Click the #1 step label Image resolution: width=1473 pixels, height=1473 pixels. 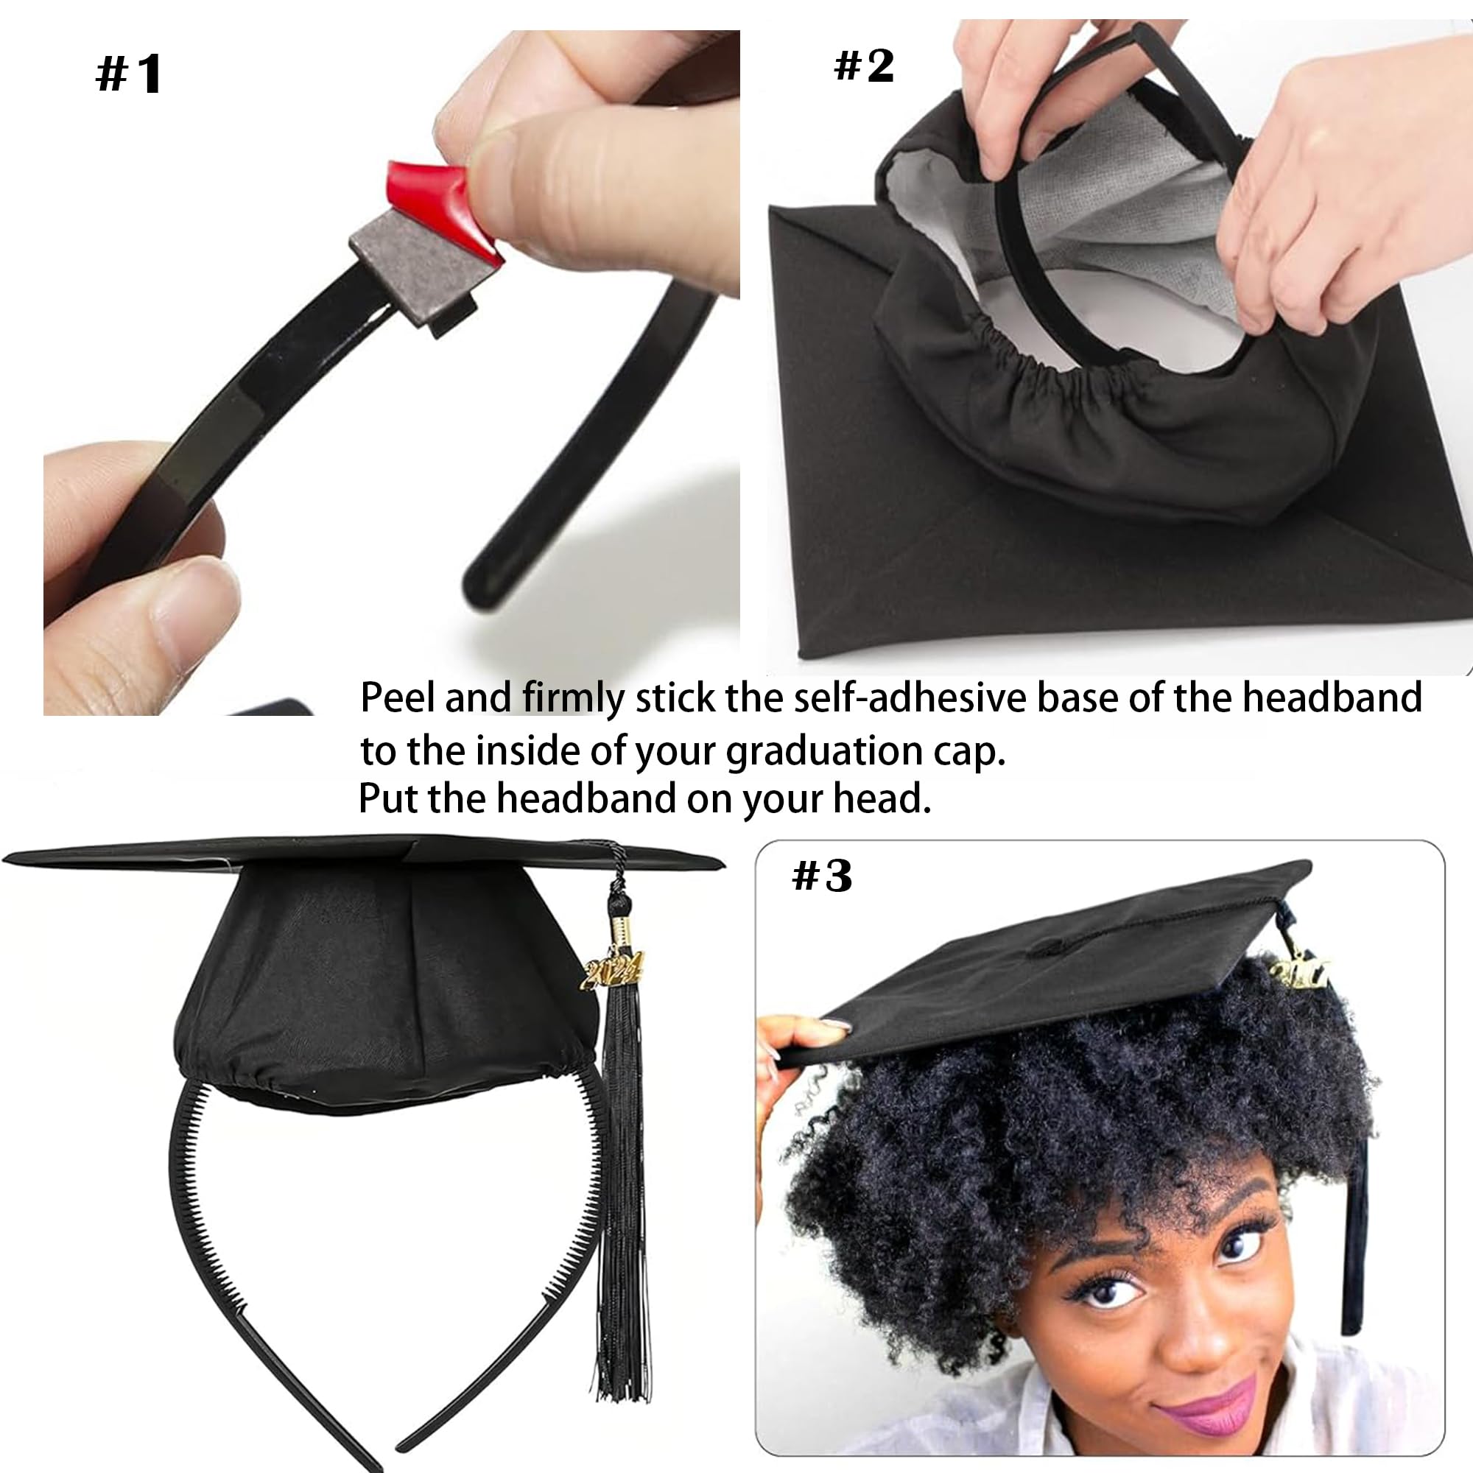(129, 74)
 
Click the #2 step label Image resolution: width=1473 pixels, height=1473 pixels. (864, 66)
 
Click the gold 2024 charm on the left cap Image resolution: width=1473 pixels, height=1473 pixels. (612, 971)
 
